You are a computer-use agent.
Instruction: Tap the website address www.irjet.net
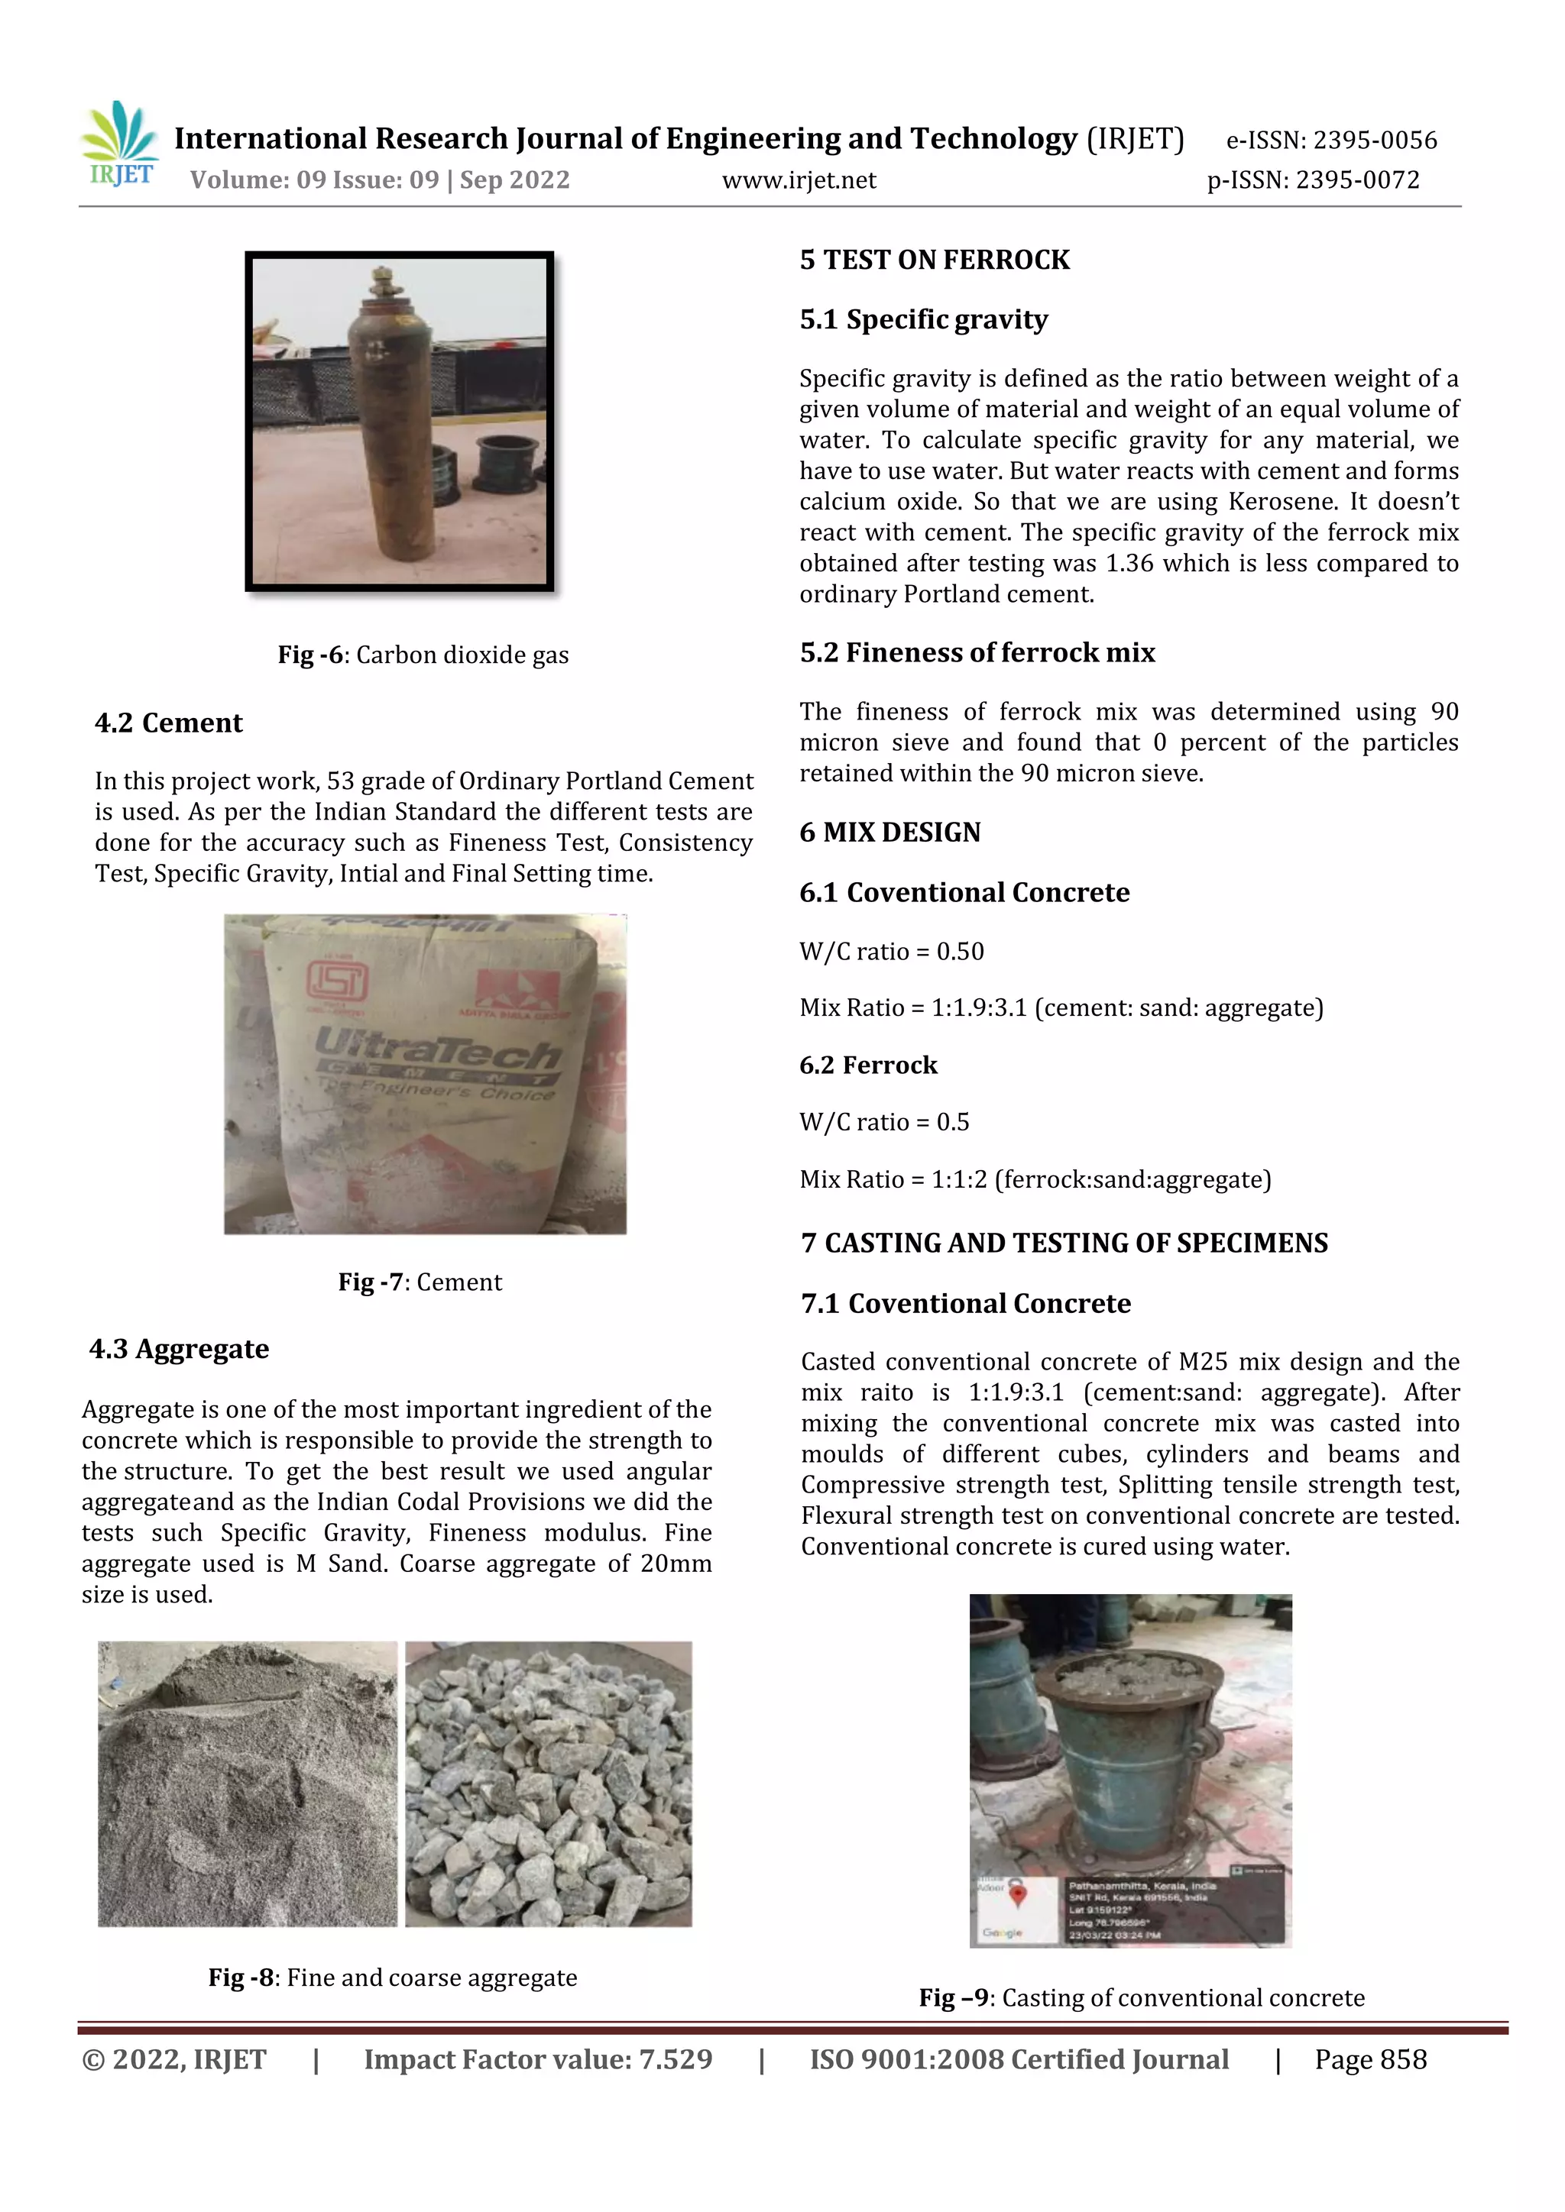[799, 180]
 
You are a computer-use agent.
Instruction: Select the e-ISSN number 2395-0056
[1375, 141]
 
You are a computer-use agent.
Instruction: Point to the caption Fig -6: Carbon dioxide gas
[423, 655]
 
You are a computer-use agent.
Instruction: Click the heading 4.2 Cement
[169, 723]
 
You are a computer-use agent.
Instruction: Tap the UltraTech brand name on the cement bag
[439, 1046]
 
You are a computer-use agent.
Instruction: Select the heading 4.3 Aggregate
[180, 1349]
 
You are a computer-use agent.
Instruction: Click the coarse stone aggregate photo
[549, 1784]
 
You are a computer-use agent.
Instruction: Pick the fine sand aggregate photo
[248, 1784]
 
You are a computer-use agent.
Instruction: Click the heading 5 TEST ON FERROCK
[934, 260]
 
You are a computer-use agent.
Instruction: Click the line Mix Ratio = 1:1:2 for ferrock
[1035, 1179]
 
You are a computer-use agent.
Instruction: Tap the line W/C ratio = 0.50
[892, 952]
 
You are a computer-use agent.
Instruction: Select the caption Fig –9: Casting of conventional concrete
[1141, 1998]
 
